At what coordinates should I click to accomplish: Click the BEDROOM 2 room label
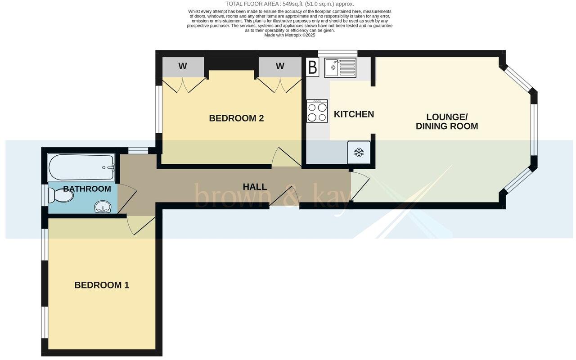[236, 118]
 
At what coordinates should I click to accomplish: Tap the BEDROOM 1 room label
[102, 285]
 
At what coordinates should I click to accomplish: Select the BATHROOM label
[87, 189]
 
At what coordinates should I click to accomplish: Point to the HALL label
[255, 187]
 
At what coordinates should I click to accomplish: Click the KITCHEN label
[354, 114]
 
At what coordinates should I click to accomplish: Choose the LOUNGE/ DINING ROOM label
[447, 122]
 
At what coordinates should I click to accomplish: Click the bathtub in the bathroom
[81, 167]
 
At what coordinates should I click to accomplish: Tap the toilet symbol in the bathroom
[60, 195]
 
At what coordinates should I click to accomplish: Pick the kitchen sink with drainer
[340, 68]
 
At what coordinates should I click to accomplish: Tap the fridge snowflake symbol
[359, 153]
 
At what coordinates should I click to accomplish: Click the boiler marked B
[313, 68]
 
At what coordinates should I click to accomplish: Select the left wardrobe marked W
[182, 67]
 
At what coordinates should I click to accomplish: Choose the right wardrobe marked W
[280, 67]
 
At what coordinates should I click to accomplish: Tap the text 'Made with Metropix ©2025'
[290, 35]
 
